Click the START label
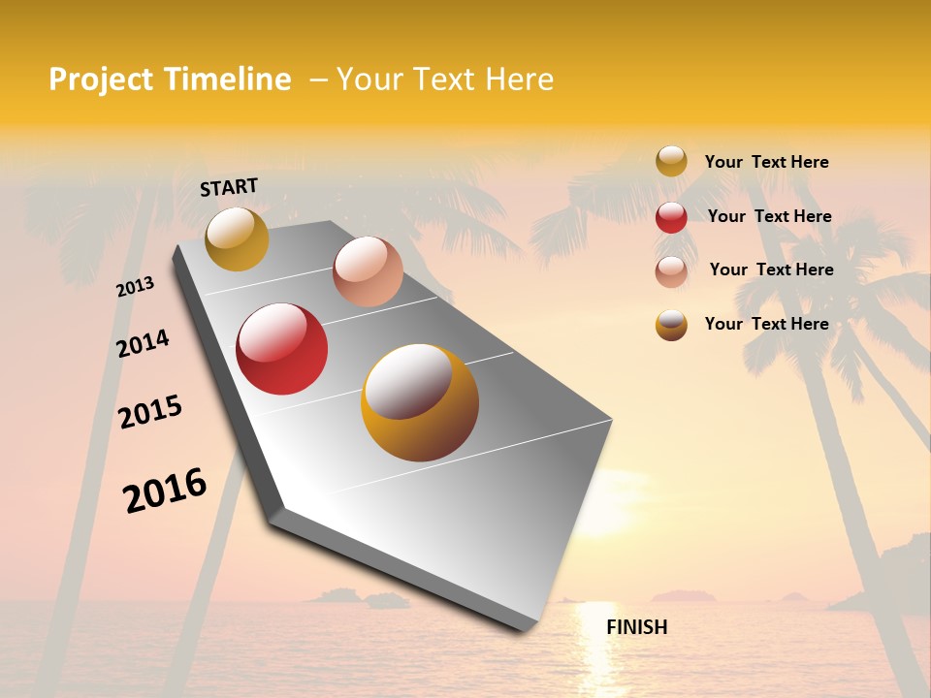click(229, 187)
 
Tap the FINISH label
click(636, 627)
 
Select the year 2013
click(135, 287)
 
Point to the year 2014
click(143, 343)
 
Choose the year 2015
click(150, 412)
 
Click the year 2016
click(165, 490)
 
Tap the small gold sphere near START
click(237, 238)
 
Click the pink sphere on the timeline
click(368, 271)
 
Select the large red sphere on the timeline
click(282, 349)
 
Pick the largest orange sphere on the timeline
click(420, 402)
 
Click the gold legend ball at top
click(671, 162)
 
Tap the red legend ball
click(671, 217)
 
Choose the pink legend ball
click(671, 271)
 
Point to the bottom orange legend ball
click(671, 325)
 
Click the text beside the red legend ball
click(769, 216)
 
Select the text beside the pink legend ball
click(771, 270)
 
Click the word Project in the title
click(101, 79)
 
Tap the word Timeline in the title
click(227, 79)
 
